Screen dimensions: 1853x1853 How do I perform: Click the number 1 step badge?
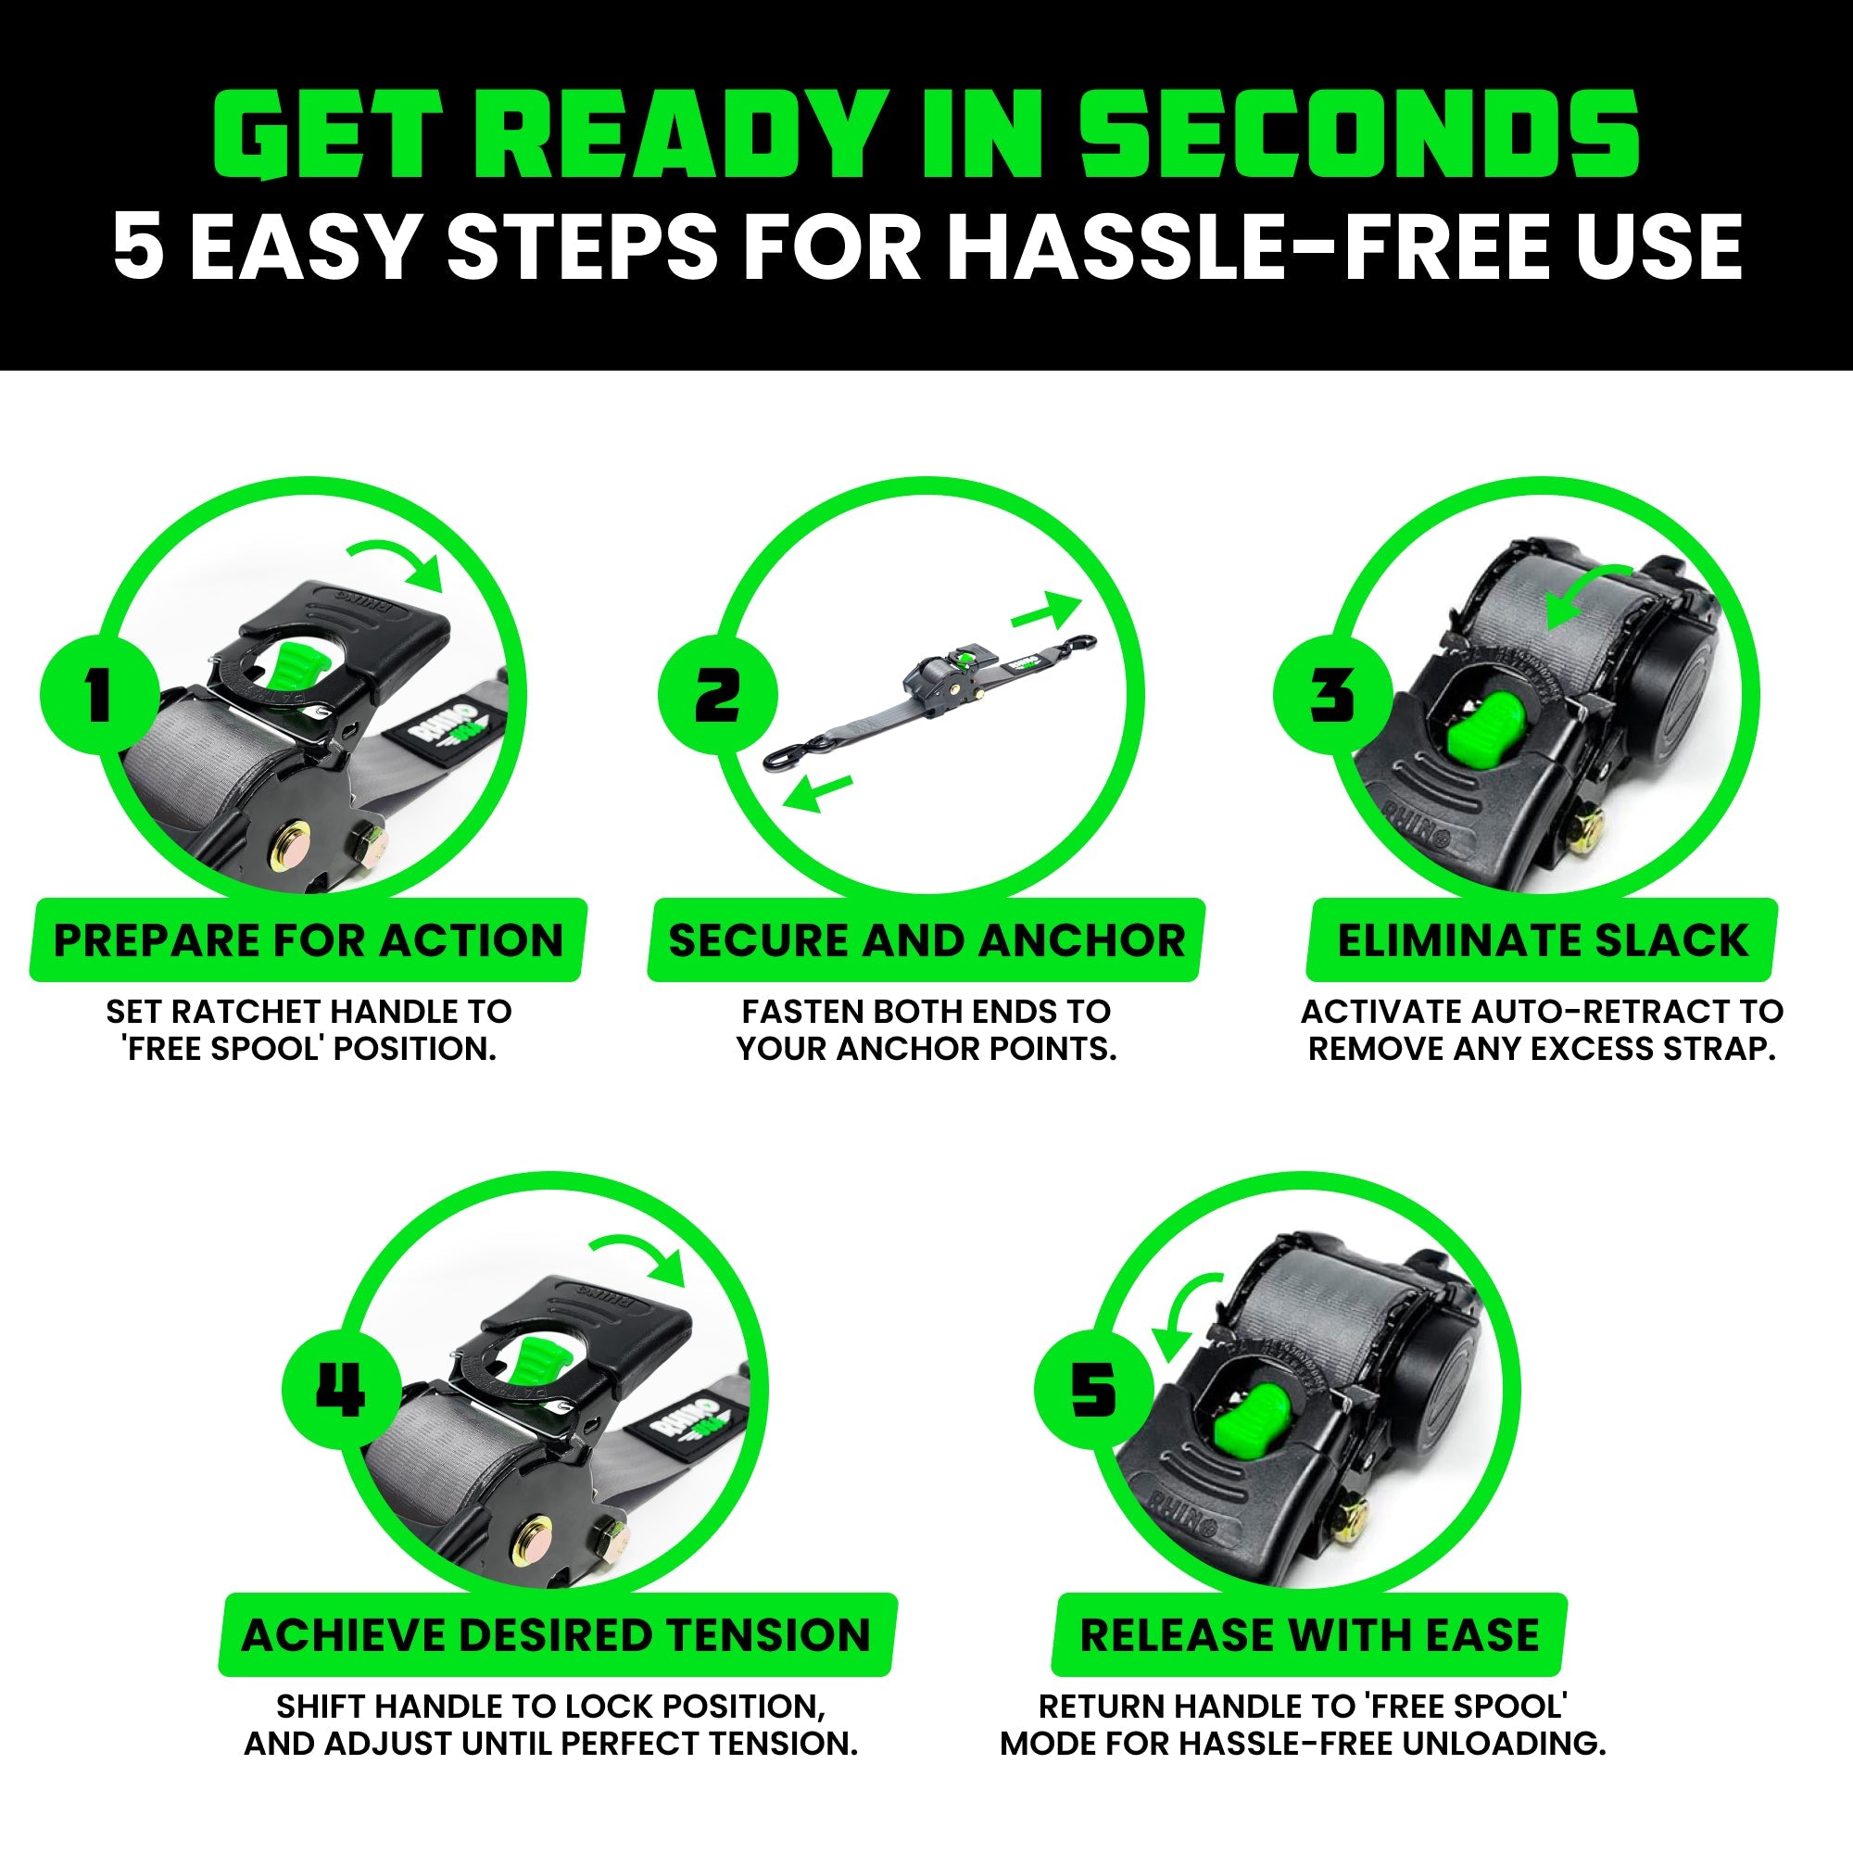pyautogui.click(x=100, y=694)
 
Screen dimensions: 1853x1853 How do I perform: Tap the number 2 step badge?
pyautogui.click(x=717, y=694)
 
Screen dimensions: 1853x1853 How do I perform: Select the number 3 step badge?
pyautogui.click(x=1333, y=694)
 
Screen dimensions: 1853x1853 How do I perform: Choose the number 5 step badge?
pyautogui.click(x=1093, y=1390)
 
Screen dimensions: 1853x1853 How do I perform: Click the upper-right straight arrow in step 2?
pyautogui.click(x=1046, y=611)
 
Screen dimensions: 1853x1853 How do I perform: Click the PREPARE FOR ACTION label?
pyautogui.click(x=308, y=939)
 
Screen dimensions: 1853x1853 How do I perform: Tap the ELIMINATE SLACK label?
pyautogui.click(x=1543, y=939)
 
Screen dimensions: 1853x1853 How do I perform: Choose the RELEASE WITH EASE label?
pyautogui.click(x=1309, y=1635)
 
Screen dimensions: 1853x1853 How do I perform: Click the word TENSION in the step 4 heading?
pyautogui.click(x=768, y=1635)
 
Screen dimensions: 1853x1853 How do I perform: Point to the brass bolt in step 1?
pyautogui.click(x=292, y=846)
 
